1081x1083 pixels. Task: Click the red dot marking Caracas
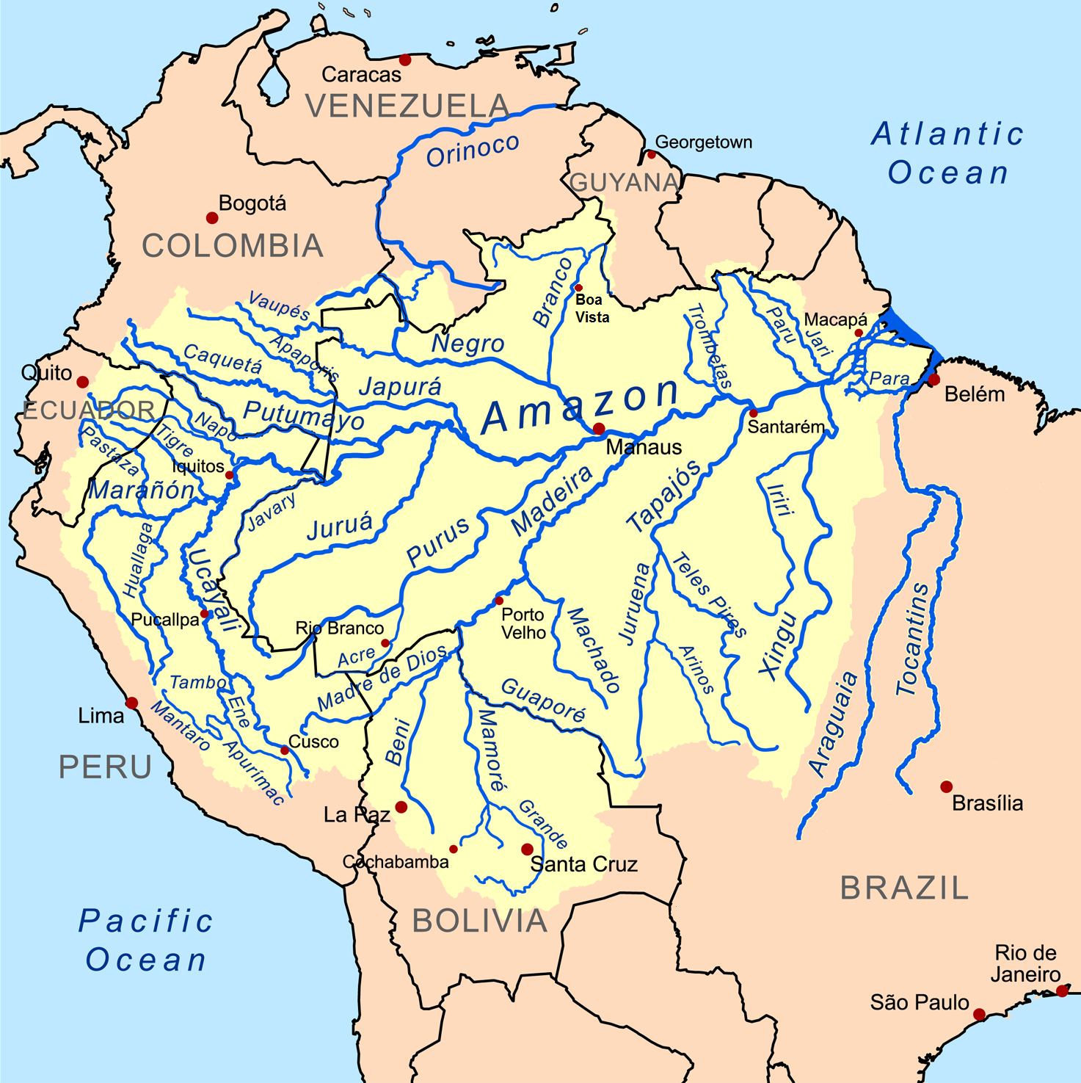coord(404,59)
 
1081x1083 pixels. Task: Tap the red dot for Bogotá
coord(212,217)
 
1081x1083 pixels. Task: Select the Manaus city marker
coord(599,429)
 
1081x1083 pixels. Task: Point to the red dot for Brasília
coord(946,786)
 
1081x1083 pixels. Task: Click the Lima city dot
coord(132,703)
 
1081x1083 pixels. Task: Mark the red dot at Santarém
coord(753,413)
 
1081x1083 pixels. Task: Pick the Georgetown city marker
coord(651,154)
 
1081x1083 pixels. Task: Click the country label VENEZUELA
coord(407,106)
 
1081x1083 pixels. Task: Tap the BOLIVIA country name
coord(479,921)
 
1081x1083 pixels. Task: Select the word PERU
coord(105,767)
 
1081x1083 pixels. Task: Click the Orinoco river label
coord(473,151)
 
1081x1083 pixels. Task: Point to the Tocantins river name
coord(913,639)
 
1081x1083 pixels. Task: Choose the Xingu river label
coord(778,645)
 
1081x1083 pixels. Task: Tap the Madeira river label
coord(552,501)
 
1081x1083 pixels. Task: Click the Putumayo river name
coord(303,416)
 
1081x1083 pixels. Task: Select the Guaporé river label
coord(544,700)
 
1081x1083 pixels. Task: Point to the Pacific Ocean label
coord(146,941)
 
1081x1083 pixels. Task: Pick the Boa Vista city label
coord(592,308)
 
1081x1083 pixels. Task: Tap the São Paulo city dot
coord(979,1014)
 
